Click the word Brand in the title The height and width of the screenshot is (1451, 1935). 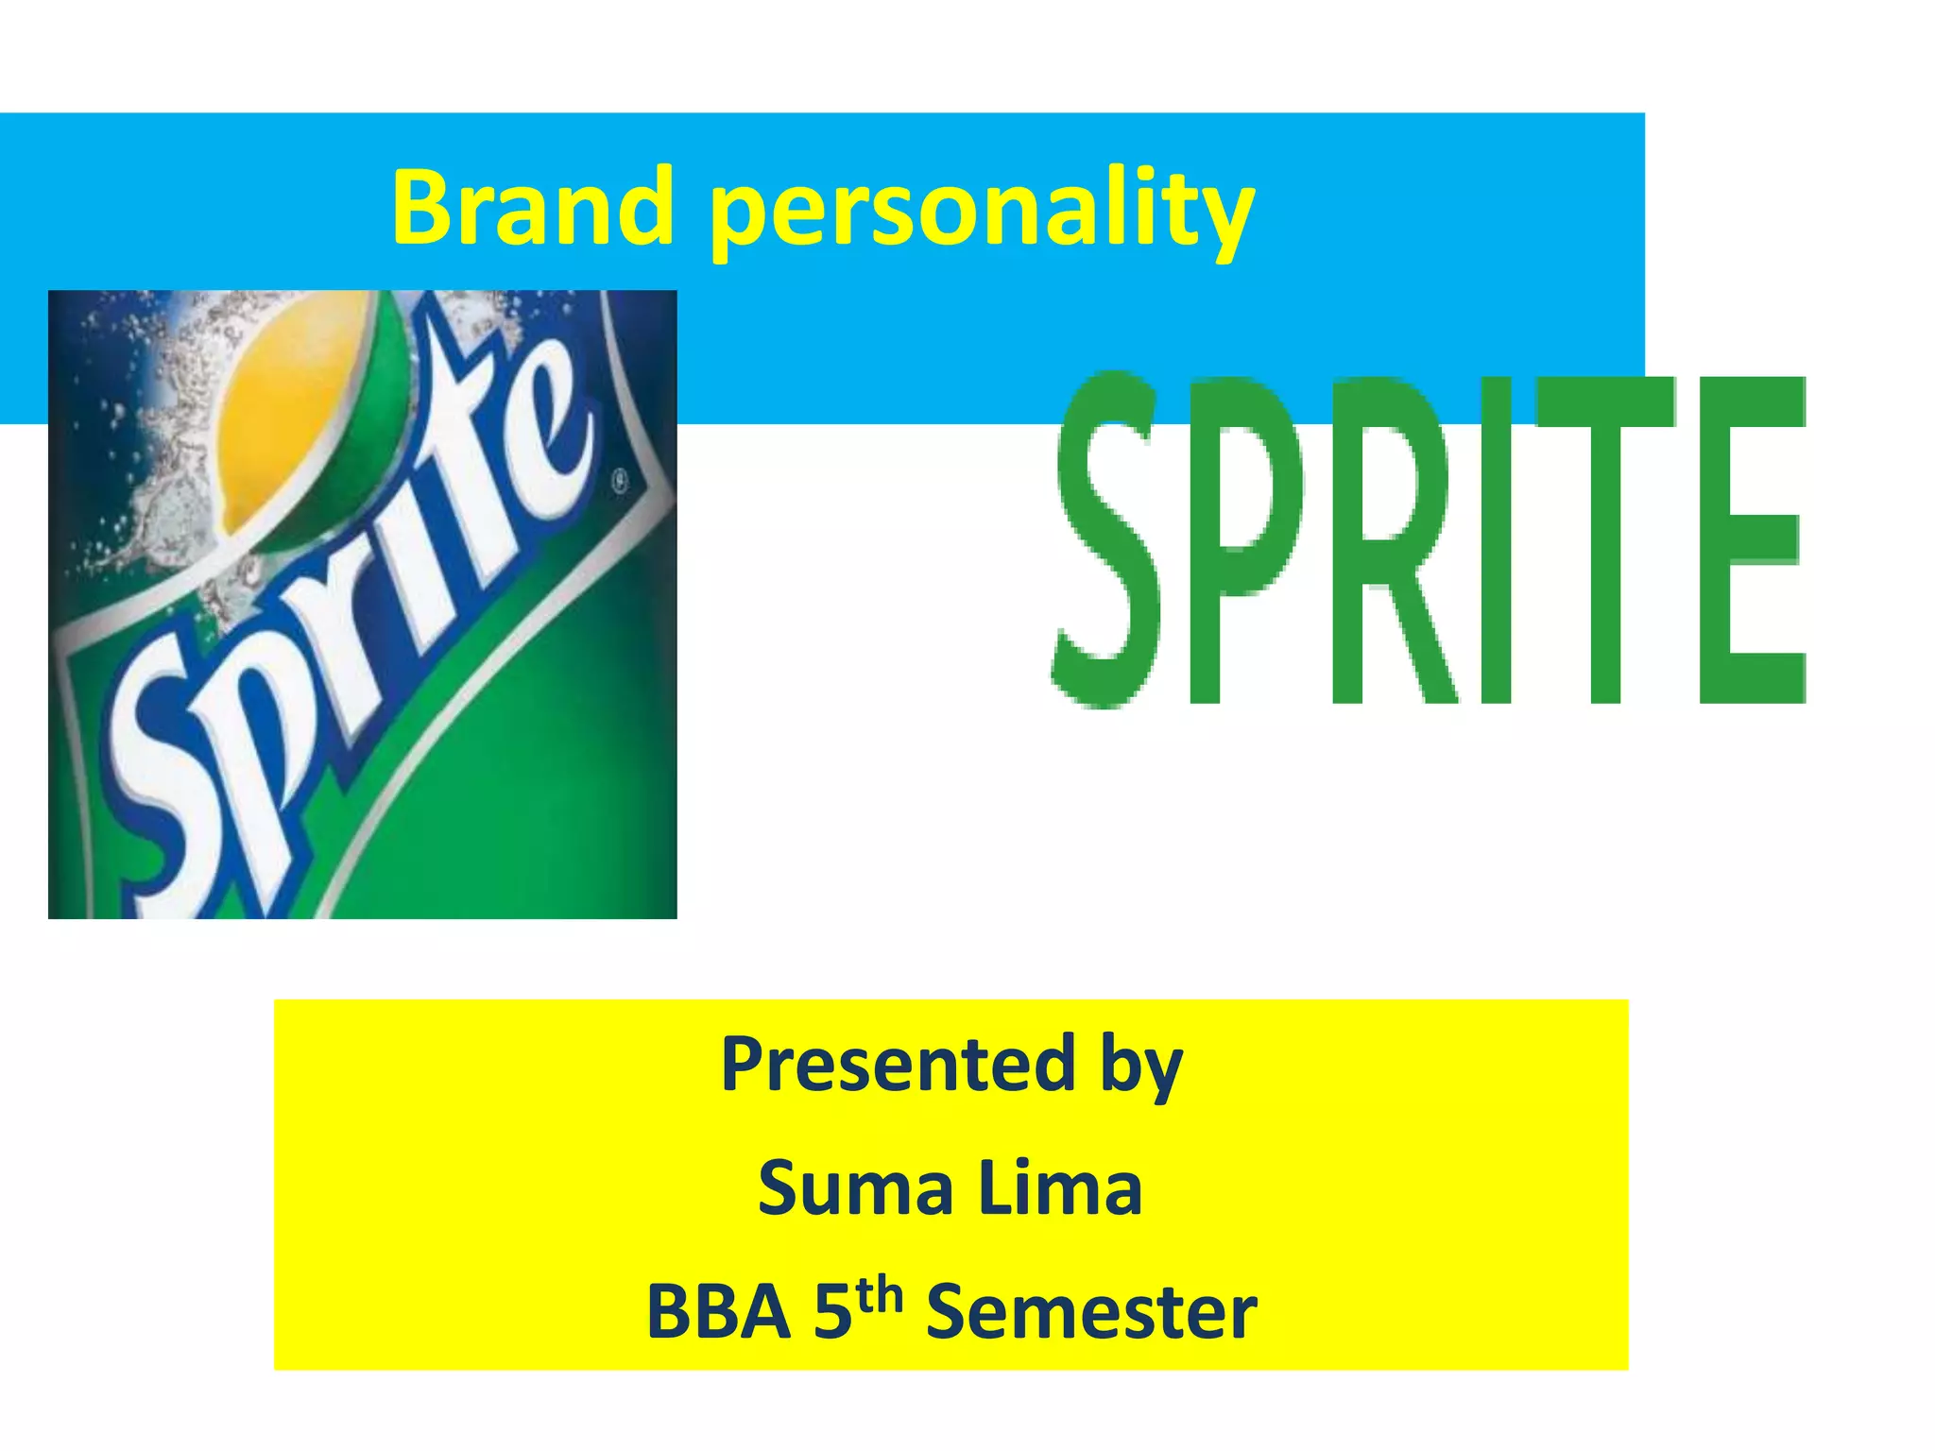point(532,207)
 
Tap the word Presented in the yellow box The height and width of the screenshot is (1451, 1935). point(899,1065)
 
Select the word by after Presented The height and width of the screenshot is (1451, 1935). point(1141,1067)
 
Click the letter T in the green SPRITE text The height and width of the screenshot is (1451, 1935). point(1606,538)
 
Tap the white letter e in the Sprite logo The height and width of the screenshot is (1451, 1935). point(539,444)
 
